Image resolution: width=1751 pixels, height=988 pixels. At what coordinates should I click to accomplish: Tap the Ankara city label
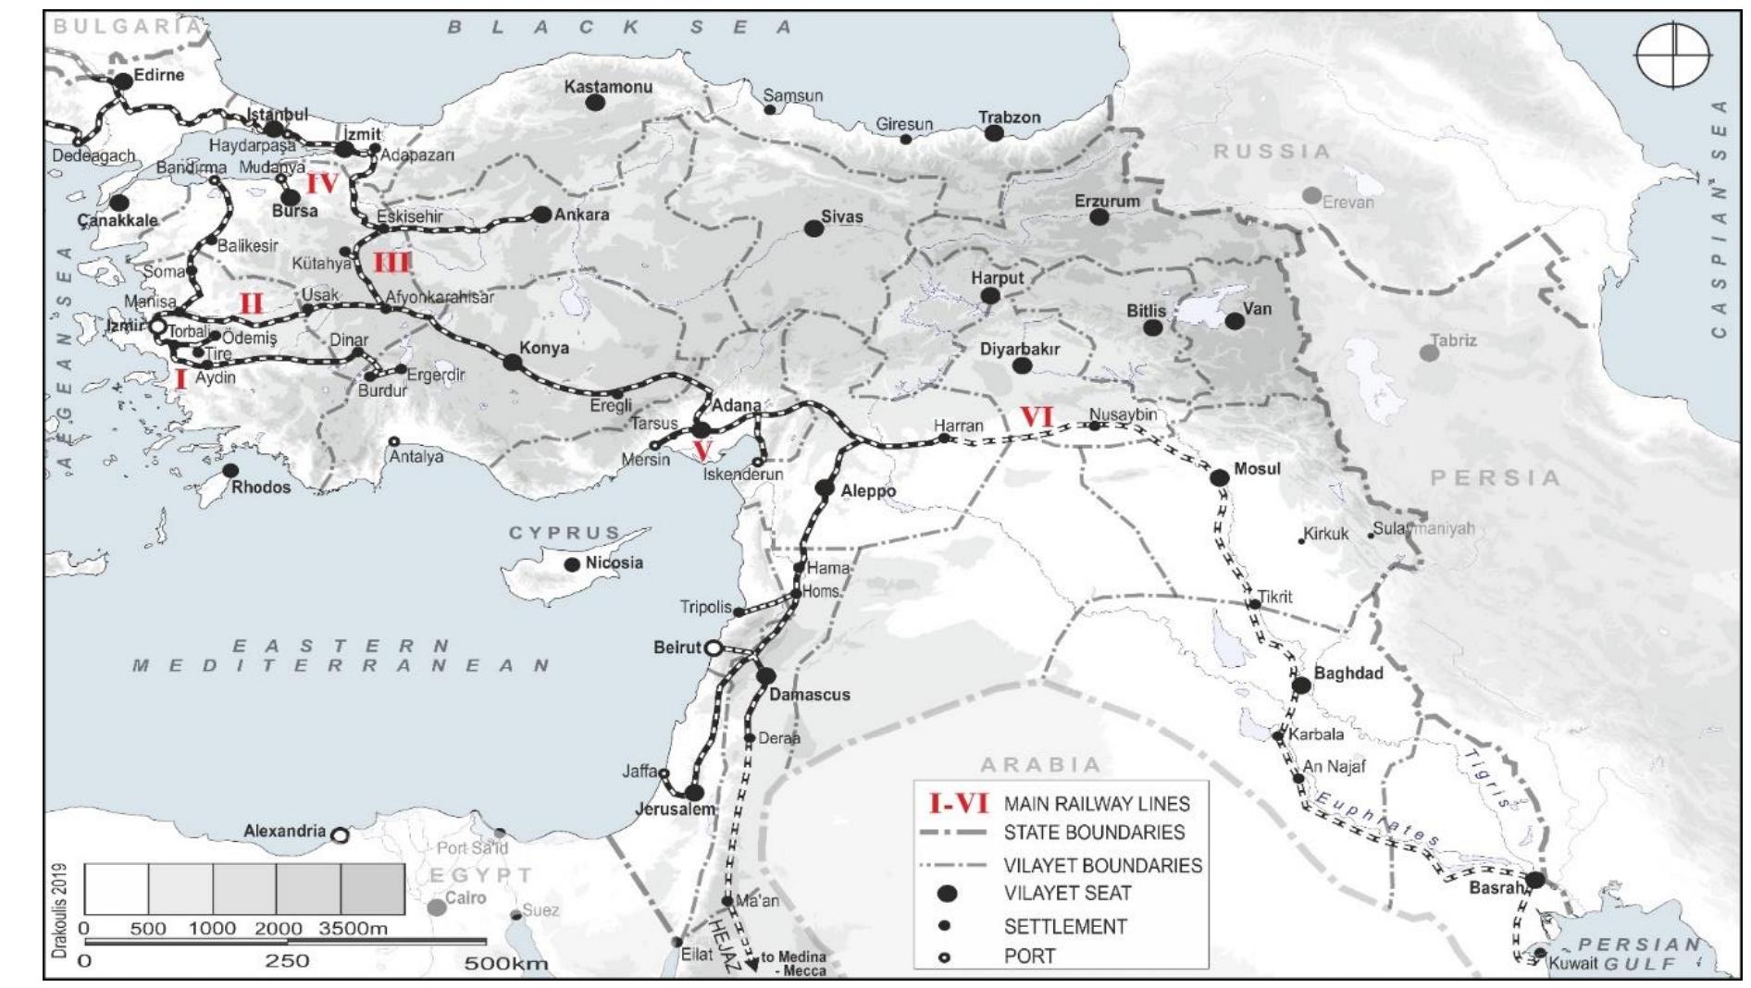(x=581, y=215)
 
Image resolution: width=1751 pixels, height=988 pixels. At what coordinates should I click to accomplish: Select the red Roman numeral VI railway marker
(x=1036, y=417)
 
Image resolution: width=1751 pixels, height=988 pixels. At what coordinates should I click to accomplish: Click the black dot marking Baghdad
(x=1301, y=685)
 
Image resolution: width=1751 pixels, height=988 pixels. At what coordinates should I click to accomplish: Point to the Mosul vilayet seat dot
(x=1219, y=477)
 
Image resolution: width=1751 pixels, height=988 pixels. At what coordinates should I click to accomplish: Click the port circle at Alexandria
(x=340, y=835)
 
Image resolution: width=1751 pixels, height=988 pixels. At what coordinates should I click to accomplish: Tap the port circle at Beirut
(x=714, y=648)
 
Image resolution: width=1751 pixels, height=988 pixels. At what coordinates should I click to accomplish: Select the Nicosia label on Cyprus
(x=615, y=562)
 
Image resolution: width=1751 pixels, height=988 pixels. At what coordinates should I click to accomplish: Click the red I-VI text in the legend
(x=959, y=803)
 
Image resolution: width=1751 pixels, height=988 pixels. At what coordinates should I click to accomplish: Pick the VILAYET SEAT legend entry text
(x=1067, y=894)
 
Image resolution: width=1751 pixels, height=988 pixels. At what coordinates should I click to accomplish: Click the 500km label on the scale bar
(x=506, y=964)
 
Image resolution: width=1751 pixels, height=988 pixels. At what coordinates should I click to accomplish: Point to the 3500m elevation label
(x=353, y=929)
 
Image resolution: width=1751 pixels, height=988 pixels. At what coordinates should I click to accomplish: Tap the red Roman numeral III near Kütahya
(x=391, y=263)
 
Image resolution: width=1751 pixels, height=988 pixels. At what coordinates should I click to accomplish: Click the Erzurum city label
(x=1107, y=201)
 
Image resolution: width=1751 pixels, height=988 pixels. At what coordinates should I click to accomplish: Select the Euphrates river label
(x=1376, y=820)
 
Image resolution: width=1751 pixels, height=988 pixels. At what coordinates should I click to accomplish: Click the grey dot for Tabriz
(x=1429, y=352)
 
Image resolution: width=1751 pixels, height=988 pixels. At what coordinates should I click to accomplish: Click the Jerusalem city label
(x=676, y=809)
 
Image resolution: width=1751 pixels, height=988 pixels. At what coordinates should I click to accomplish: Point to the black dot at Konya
(x=512, y=362)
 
